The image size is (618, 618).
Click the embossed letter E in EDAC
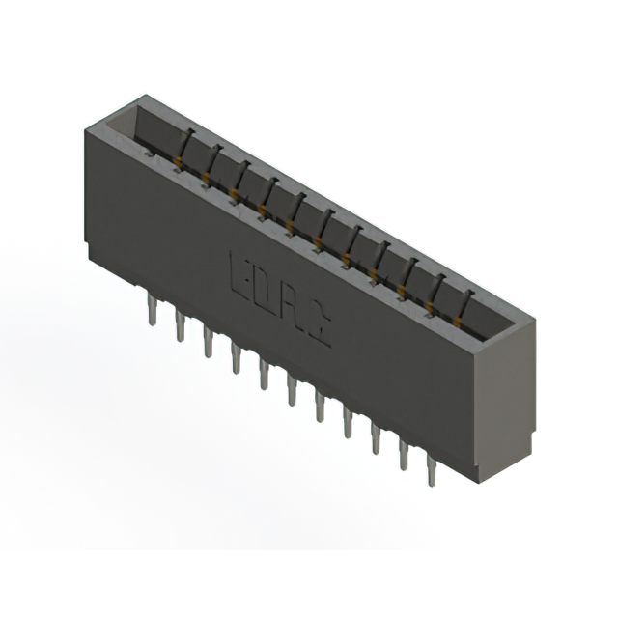coord(239,272)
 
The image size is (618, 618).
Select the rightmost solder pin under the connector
coord(431,473)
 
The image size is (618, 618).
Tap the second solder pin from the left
coord(181,326)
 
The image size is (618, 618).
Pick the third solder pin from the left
coord(208,342)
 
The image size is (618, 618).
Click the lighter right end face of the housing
coord(504,396)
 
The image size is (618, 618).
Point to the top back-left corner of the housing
coord(144,96)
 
